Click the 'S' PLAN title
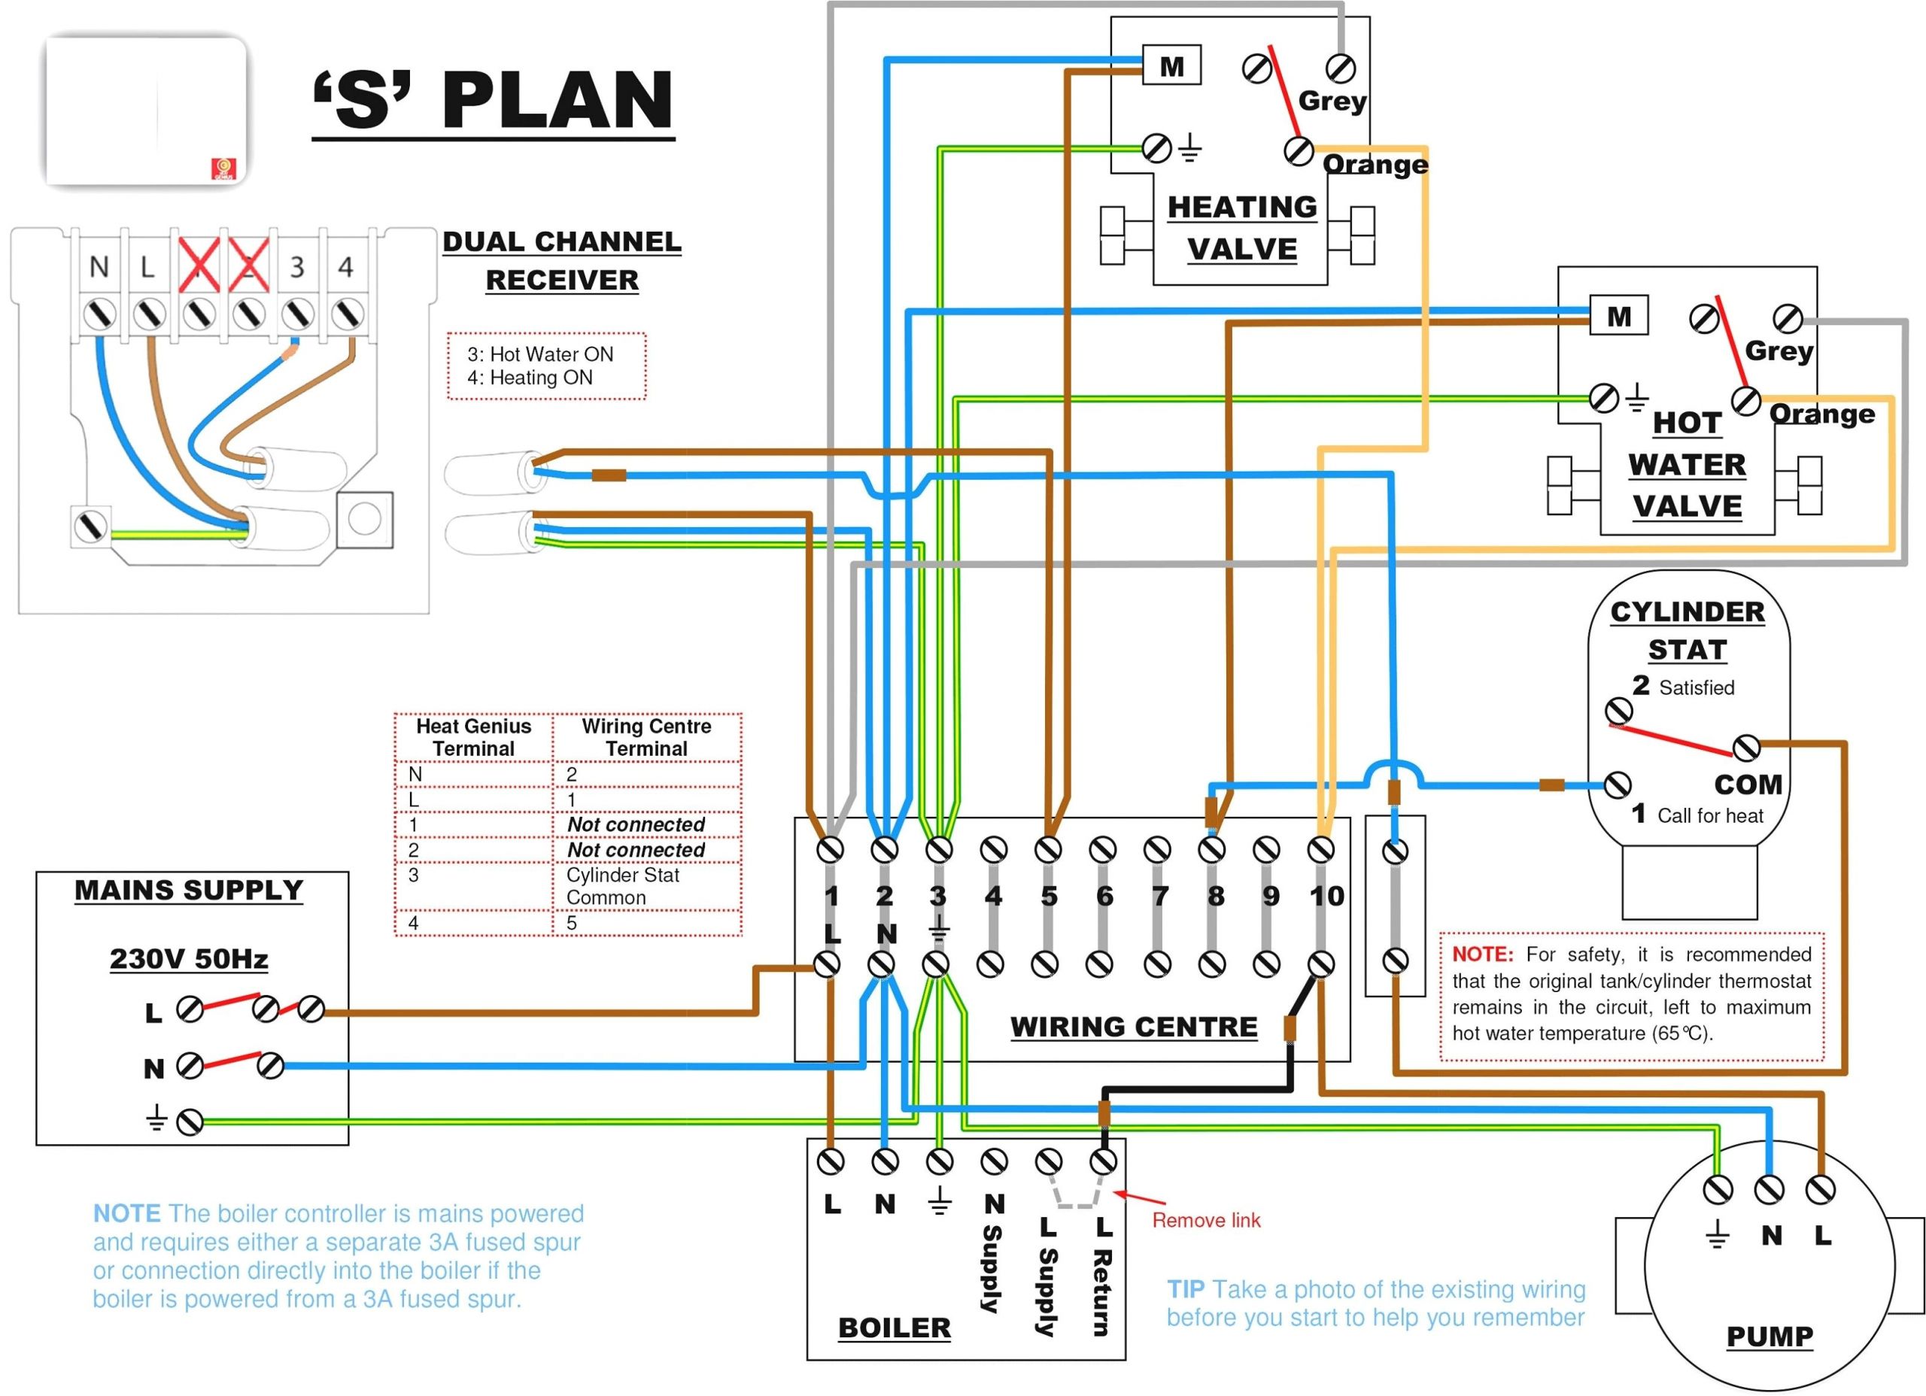[x=493, y=100]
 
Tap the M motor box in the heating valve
[x=1171, y=66]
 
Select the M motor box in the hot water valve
[x=1618, y=317]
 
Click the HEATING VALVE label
[x=1241, y=228]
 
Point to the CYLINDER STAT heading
[x=1687, y=630]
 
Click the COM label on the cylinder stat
[x=1747, y=784]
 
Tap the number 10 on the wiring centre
[x=1326, y=895]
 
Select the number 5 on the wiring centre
[x=1049, y=896]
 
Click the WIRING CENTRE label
[x=1133, y=1027]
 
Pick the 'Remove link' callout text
[x=1205, y=1220]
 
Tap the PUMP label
[x=1769, y=1337]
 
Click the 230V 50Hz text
[x=189, y=959]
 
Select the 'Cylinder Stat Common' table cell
[x=622, y=885]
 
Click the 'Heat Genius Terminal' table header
[x=473, y=737]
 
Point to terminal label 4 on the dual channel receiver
[x=345, y=266]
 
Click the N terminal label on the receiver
[x=99, y=266]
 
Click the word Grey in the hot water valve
[x=1779, y=351]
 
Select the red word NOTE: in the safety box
[x=1482, y=954]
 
